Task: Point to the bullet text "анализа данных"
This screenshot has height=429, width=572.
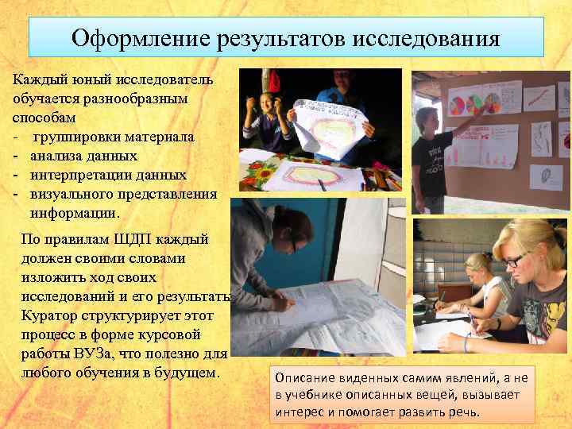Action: pos(84,156)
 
